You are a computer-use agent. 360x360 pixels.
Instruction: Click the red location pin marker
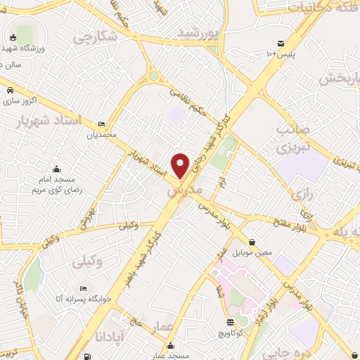coord(181,165)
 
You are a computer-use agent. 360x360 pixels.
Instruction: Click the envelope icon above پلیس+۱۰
coord(281,43)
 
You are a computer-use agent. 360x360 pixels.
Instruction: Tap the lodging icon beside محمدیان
coord(102,123)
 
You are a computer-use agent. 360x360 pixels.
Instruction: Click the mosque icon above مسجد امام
coord(57,169)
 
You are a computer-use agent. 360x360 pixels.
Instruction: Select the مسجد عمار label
coord(172,356)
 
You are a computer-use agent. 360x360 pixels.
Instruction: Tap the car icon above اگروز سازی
coord(11,90)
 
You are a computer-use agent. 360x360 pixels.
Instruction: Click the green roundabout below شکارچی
coord(153,76)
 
